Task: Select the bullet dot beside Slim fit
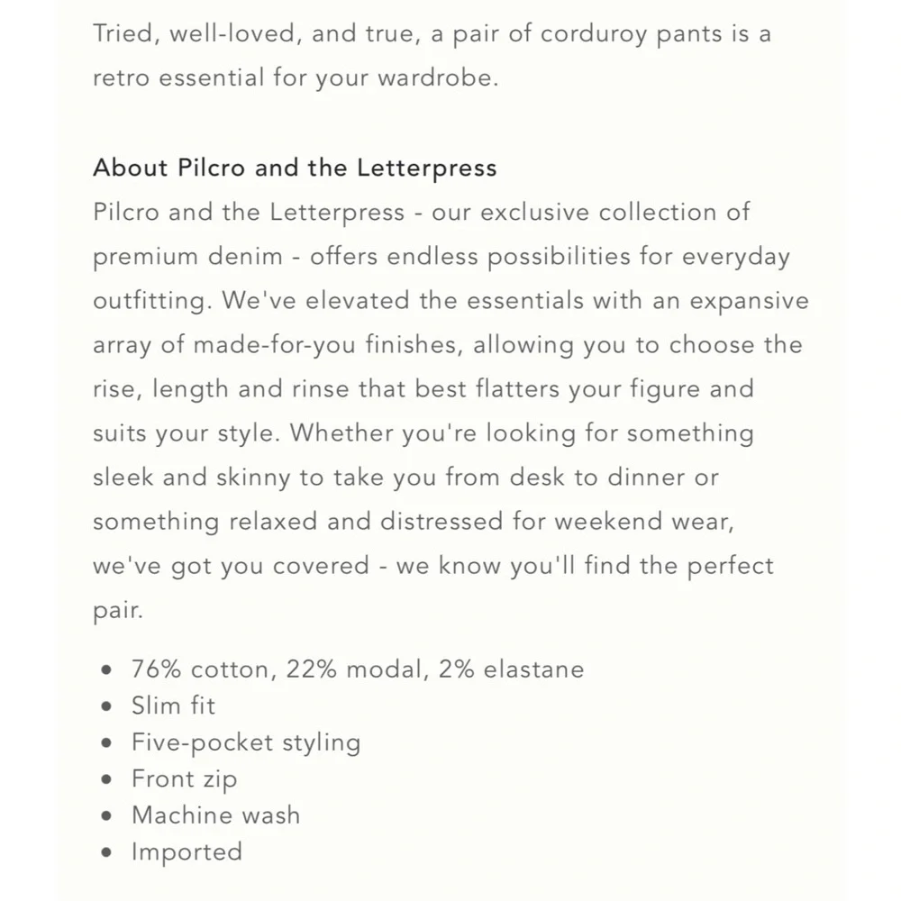point(108,706)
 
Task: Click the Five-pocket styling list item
point(245,742)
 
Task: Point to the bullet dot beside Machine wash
point(108,816)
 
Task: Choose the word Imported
point(187,851)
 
